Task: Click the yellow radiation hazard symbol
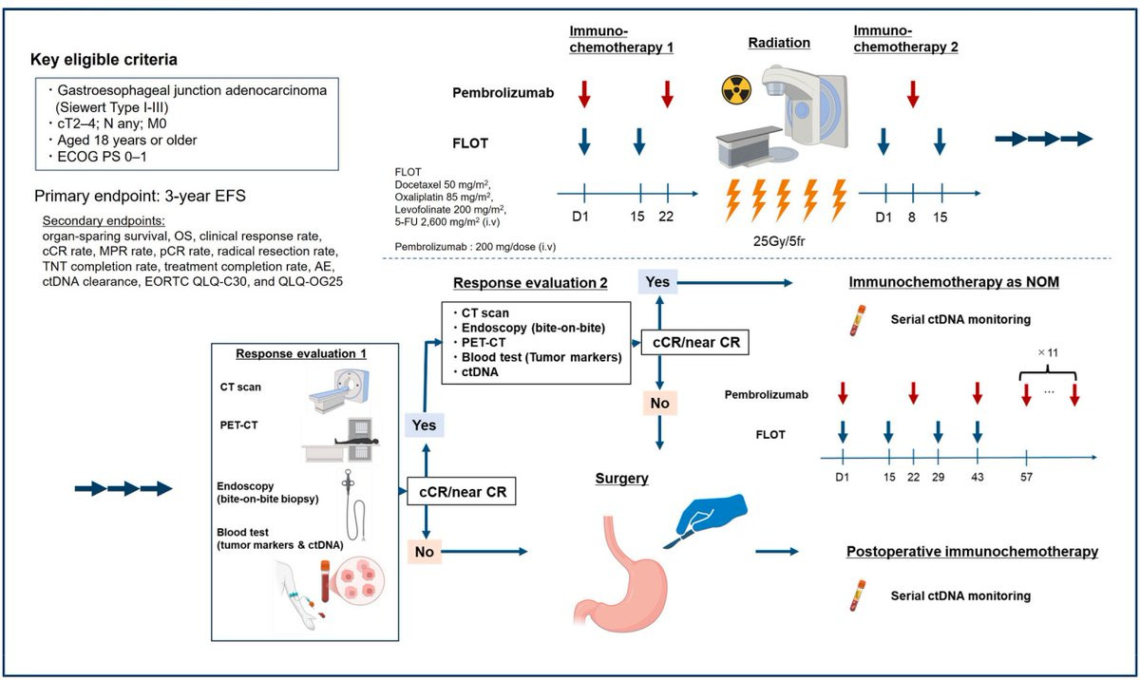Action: click(736, 90)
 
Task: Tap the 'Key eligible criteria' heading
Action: click(104, 60)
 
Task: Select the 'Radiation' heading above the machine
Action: click(779, 43)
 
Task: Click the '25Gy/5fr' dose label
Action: click(779, 240)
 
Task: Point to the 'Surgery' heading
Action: click(621, 478)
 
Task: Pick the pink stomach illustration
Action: click(619, 572)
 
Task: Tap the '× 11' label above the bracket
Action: click(1047, 352)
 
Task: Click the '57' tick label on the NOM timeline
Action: click(1026, 477)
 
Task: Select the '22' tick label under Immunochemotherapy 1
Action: click(666, 217)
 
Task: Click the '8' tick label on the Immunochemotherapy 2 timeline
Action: click(911, 217)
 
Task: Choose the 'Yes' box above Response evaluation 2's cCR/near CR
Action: click(657, 282)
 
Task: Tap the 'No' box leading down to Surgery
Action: click(659, 403)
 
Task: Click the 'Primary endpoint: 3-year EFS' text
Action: click(140, 196)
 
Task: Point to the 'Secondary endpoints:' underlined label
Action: click(104, 220)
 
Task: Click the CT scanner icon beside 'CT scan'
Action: click(339, 390)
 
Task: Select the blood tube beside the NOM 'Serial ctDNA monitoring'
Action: click(857, 320)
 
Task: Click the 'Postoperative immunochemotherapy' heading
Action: click(972, 552)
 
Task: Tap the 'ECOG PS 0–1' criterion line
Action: click(98, 157)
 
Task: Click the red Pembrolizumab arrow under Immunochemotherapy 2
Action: click(913, 94)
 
